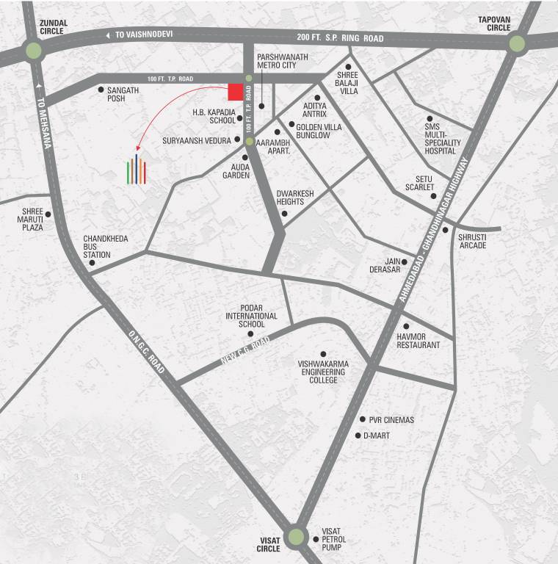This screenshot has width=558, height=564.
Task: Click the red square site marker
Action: point(236,92)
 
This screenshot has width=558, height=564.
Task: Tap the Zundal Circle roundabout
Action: point(33,51)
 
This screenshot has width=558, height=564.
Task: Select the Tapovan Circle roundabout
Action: point(517,43)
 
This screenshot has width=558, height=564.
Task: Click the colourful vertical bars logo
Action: point(137,170)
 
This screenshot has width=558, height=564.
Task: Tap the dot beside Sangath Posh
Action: point(101,90)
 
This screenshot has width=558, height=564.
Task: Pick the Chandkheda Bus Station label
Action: point(97,247)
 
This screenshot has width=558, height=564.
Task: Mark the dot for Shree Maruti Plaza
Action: point(48,214)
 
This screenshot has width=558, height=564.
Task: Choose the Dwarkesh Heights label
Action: point(295,198)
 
